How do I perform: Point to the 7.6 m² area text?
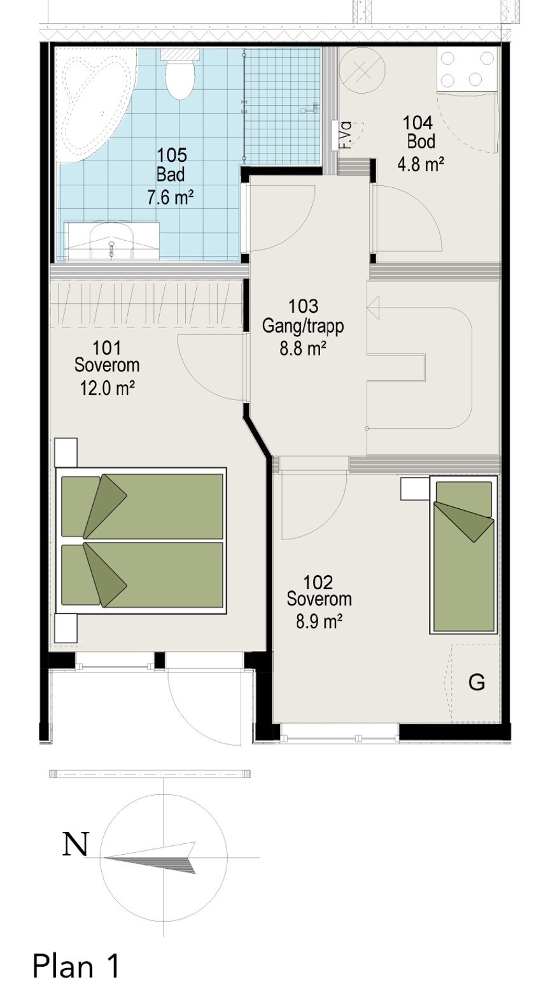point(171,197)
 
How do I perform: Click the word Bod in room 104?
point(421,141)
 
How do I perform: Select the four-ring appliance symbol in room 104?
point(467,69)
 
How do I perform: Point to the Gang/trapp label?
point(303,326)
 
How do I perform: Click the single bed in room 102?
point(463,554)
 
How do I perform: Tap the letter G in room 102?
point(476,683)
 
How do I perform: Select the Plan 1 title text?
point(76,966)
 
